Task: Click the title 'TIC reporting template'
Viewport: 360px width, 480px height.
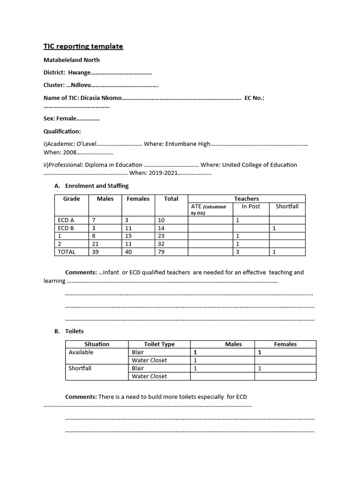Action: (83, 46)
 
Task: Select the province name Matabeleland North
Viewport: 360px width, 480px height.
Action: (71, 60)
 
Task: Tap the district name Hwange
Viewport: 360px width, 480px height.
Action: (79, 73)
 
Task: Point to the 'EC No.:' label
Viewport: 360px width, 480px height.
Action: (255, 98)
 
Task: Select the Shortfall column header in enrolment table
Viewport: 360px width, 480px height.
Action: (287, 206)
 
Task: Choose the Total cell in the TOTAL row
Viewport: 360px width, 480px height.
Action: (171, 252)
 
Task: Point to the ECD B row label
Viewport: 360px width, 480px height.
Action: (66, 228)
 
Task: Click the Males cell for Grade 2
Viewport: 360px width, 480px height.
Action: (105, 244)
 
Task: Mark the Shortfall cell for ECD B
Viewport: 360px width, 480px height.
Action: (287, 228)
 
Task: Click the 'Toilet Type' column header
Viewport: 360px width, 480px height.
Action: (159, 344)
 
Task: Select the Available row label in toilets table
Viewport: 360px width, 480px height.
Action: (81, 352)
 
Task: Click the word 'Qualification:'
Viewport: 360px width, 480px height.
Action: (62, 132)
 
